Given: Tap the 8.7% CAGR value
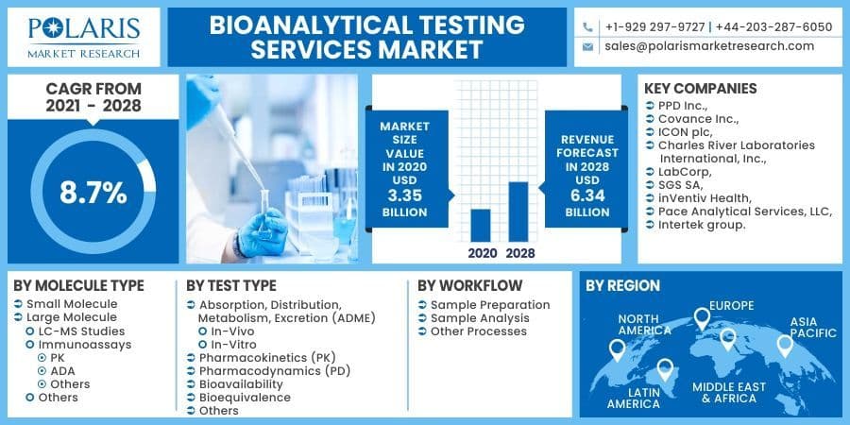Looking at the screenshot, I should click(x=93, y=193).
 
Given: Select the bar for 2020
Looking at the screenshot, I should click(x=480, y=225).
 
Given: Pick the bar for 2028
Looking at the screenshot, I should click(x=518, y=211).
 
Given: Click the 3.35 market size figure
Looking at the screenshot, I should click(x=404, y=195).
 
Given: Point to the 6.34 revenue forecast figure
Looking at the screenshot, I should click(x=586, y=195).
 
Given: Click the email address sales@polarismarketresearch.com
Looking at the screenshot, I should click(x=708, y=46).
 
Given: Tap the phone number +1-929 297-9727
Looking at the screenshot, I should click(x=653, y=26).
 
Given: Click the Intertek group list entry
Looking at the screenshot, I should click(x=702, y=225).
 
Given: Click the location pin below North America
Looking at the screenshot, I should click(x=617, y=350).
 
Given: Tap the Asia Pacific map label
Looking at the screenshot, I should click(x=812, y=327).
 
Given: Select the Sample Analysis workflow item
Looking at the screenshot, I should click(x=480, y=318).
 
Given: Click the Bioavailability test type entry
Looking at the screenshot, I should click(x=241, y=384).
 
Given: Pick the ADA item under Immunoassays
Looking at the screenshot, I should click(x=63, y=371).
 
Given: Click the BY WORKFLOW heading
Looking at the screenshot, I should click(x=469, y=285).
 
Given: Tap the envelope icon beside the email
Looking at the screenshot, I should click(x=588, y=46).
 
